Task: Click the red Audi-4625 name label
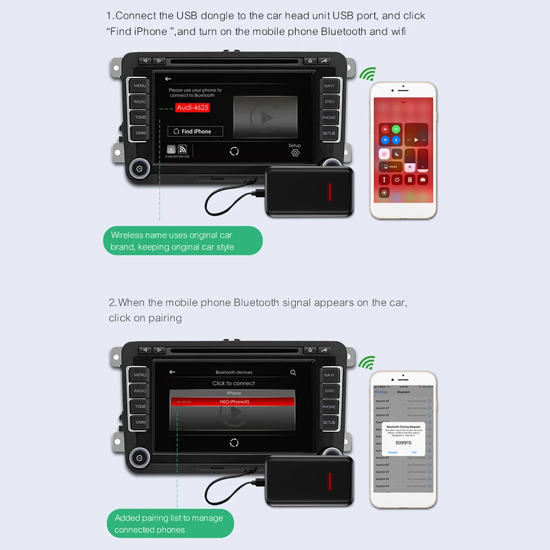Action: tap(193, 108)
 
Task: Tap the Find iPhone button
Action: tap(195, 131)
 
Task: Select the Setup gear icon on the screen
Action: tap(295, 152)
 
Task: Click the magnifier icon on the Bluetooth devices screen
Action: tap(293, 372)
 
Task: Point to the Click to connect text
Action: tap(234, 383)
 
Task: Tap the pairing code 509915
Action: tap(403, 442)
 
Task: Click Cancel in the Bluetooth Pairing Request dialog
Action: tap(393, 452)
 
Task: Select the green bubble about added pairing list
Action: tap(169, 524)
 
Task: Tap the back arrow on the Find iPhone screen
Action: tap(168, 79)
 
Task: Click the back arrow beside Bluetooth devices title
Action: tap(172, 372)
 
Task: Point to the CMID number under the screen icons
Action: tap(177, 157)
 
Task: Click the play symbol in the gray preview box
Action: tap(265, 117)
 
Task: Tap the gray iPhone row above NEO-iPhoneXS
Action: tap(234, 393)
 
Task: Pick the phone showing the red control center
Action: tap(404, 150)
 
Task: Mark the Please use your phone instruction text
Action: tap(195, 92)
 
